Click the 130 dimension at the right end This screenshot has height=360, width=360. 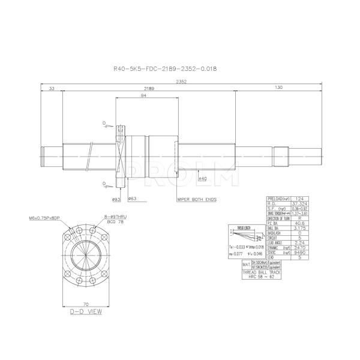coord(278,89)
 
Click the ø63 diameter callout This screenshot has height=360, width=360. coord(132,198)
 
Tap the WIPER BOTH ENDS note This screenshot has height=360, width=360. coord(196,198)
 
